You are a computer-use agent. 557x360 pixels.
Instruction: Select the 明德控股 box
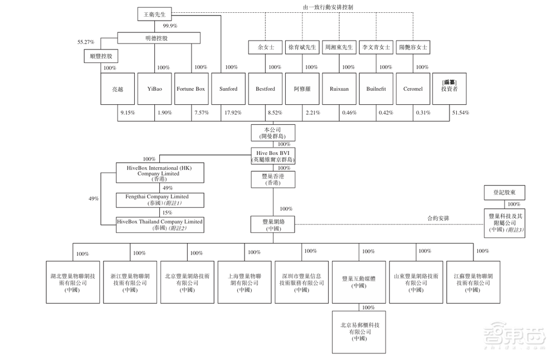[x=159, y=38]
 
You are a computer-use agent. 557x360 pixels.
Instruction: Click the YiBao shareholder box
[x=155, y=89]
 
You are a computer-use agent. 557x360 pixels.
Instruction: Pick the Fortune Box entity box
[x=191, y=89]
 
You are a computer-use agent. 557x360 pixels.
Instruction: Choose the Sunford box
[x=228, y=89]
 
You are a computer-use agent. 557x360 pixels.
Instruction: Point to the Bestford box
[x=265, y=89]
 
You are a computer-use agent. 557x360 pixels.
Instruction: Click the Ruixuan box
[x=339, y=89]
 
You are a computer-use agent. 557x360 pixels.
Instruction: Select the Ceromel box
[x=413, y=89]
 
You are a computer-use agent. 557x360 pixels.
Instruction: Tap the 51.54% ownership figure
[x=461, y=113]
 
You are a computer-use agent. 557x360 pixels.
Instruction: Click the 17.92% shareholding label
[x=233, y=113]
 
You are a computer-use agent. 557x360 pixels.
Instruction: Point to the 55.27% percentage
[x=86, y=42]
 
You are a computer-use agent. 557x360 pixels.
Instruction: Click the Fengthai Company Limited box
[x=160, y=200]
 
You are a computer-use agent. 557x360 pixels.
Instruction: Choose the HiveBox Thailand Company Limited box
[x=160, y=225]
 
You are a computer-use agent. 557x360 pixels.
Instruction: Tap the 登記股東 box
[x=504, y=193]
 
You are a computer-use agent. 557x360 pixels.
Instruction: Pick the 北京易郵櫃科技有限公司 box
[x=360, y=331]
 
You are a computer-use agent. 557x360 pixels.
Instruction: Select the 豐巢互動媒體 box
[x=359, y=281]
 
